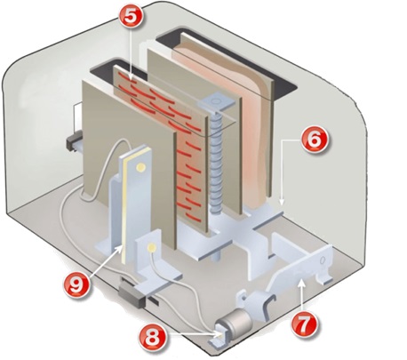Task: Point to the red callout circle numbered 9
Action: coord(82,285)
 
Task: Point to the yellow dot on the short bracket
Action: coord(155,244)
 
